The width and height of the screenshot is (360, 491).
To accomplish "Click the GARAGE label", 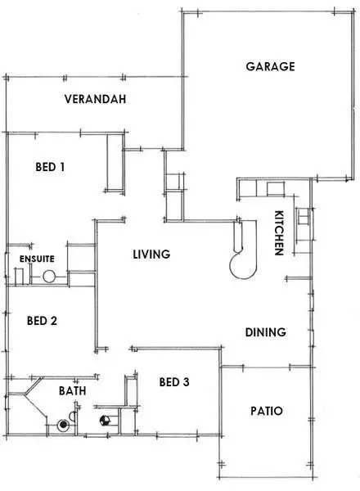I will (x=270, y=67).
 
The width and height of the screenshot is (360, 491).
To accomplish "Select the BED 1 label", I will (x=50, y=167).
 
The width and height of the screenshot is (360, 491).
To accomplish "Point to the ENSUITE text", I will (x=37, y=259).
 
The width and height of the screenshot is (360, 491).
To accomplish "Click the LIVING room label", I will (x=151, y=255).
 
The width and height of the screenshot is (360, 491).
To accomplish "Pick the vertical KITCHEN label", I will (x=278, y=233).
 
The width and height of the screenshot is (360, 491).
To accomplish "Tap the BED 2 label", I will (x=42, y=321).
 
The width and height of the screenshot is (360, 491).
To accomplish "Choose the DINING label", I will (x=266, y=332).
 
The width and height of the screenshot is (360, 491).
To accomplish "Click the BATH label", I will (x=72, y=391).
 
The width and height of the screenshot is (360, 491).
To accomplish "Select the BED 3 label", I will (x=175, y=382).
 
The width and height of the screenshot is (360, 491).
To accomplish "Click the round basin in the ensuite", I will (x=49, y=277).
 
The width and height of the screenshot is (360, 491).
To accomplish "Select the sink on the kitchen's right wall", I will (x=303, y=218).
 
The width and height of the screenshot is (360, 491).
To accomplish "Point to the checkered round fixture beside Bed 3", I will (x=104, y=421).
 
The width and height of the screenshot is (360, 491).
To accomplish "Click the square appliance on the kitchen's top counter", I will (x=274, y=189).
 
